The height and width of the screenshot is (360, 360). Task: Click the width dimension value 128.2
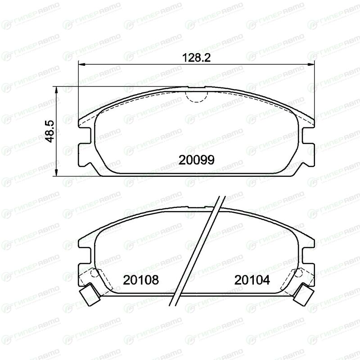tap(196, 58)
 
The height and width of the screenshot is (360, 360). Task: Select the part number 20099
tap(196, 160)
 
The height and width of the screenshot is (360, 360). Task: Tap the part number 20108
tap(141, 280)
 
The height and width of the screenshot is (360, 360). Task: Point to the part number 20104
tap(252, 280)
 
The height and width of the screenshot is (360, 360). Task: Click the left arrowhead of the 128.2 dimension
tap(82, 64)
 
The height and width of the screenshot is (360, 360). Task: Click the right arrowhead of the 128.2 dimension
tap(311, 64)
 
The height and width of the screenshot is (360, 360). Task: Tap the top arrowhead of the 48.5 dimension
tap(56, 90)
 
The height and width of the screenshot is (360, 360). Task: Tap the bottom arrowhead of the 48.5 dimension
tap(56, 173)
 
